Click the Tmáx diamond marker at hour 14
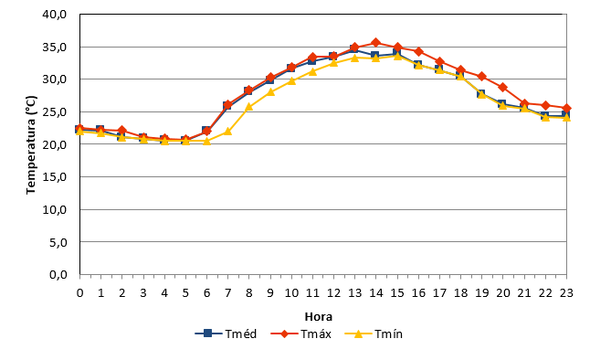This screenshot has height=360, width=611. (x=375, y=42)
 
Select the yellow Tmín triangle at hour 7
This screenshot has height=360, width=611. (x=227, y=132)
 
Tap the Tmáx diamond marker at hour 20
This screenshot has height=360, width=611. (x=502, y=87)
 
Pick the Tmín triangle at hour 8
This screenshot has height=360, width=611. (x=249, y=107)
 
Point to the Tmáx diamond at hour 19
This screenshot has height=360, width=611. (x=481, y=76)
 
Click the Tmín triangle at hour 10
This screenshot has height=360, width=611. (x=291, y=80)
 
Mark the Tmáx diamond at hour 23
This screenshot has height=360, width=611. (x=566, y=108)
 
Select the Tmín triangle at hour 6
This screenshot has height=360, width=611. (x=206, y=141)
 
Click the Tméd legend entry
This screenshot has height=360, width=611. (x=226, y=334)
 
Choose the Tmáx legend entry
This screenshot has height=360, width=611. (x=300, y=334)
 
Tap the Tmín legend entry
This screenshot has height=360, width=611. (x=374, y=334)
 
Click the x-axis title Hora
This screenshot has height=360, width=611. (x=319, y=316)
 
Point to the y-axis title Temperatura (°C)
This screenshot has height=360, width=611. (x=31, y=144)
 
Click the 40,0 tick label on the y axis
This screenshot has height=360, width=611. (x=55, y=15)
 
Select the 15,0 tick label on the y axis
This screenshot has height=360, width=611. (x=55, y=177)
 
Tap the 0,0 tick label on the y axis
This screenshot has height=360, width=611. (x=58, y=275)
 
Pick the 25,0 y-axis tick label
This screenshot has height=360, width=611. (x=55, y=112)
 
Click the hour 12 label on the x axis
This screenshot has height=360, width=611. (x=333, y=293)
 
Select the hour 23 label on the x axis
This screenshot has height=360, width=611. (x=566, y=293)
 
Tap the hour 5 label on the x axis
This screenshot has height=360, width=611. (x=185, y=293)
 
